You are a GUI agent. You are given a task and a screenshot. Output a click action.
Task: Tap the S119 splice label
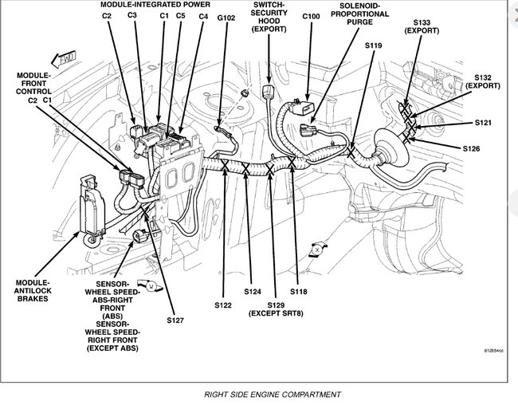click(x=374, y=45)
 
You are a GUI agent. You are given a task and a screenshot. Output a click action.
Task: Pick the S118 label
click(x=298, y=293)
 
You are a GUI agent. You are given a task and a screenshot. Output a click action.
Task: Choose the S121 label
click(x=483, y=124)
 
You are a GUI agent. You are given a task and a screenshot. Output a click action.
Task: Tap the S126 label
click(x=473, y=148)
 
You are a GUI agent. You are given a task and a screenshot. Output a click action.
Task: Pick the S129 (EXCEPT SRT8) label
click(x=275, y=309)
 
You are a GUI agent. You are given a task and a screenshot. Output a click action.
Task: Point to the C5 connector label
click(x=181, y=16)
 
